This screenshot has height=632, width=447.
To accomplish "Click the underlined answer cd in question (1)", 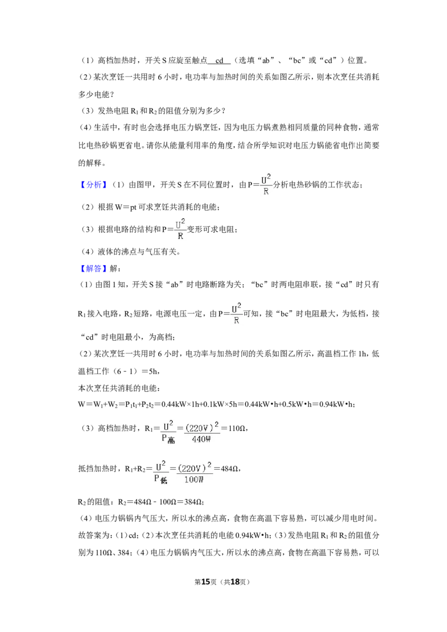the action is coord(220,60).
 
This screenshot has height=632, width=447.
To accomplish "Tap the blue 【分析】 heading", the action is coord(93,185).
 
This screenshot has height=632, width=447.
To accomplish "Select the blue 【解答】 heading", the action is coord(93,269).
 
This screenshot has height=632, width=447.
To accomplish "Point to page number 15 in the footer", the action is coord(206,582).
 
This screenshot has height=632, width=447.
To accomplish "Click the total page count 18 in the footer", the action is coord(235,582).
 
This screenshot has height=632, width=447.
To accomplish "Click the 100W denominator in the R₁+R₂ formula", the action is coord(194,479).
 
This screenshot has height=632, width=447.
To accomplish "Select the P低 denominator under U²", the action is coord(160,479).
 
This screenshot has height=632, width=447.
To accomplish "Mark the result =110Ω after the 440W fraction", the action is coord(234,428).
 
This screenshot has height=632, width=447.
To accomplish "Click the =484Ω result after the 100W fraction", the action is coord(227,468).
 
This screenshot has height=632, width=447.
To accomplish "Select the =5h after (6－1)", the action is coord(150,371).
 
